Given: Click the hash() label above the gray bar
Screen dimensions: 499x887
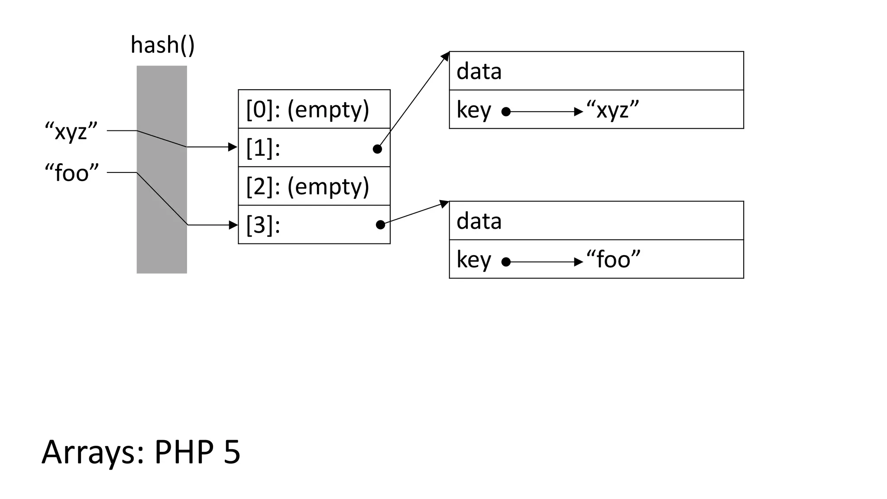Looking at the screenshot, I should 162,45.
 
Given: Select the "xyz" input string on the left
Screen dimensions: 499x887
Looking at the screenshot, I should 71,131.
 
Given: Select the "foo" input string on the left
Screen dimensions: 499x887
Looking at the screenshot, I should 72,173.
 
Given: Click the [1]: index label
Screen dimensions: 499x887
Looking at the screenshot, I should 263,148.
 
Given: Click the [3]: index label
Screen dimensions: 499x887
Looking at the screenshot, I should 263,225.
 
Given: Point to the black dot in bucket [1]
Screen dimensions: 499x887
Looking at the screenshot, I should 377,149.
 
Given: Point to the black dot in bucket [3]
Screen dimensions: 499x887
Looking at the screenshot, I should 380,225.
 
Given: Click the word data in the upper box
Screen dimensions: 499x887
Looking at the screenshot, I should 479,71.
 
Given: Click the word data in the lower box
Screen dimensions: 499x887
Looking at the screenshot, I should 479,221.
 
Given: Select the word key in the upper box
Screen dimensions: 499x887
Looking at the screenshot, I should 473,110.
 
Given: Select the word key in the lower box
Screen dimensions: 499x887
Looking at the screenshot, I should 473,260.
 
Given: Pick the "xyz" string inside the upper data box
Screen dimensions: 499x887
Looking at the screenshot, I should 612,110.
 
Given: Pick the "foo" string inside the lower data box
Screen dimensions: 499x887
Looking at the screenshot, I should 613,260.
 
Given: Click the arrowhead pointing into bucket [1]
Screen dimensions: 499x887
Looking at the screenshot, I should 233,147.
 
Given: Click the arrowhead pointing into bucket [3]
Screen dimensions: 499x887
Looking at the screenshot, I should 233,225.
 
